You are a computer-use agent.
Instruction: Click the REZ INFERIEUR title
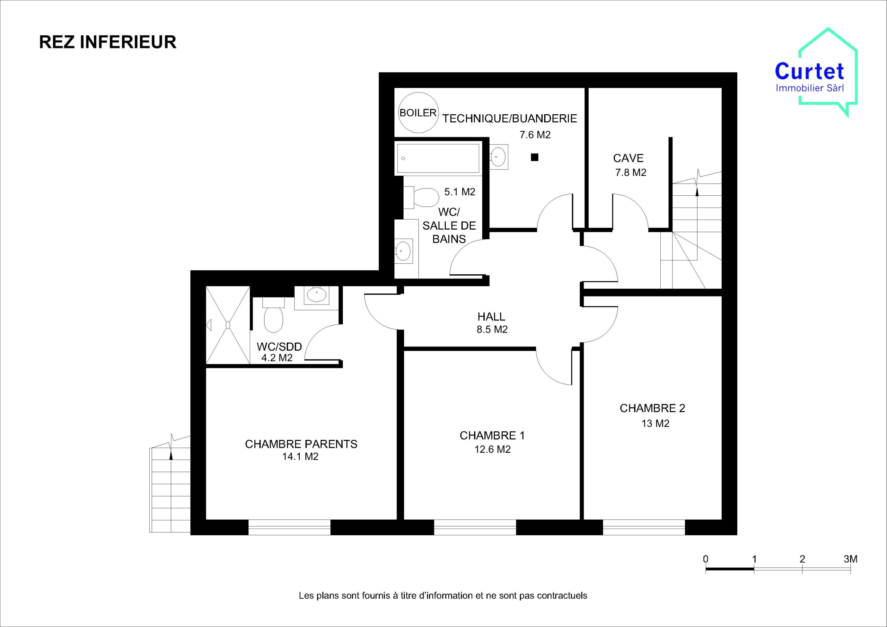(108, 42)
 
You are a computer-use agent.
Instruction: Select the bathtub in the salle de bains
(438, 158)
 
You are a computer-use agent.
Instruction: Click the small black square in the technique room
(535, 157)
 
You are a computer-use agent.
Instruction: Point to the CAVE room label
(629, 158)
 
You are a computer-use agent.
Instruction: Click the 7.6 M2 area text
(535, 135)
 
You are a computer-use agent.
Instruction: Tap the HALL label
(491, 317)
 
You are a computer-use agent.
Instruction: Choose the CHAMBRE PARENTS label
(301, 444)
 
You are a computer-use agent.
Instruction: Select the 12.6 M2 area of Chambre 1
(493, 449)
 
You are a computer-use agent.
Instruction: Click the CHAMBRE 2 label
(652, 408)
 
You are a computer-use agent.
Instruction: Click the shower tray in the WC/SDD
(228, 325)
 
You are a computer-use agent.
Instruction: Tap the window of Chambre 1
(475, 527)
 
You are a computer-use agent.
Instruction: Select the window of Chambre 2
(644, 527)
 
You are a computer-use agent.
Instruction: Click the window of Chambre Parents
(289, 527)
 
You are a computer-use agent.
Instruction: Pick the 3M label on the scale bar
(850, 559)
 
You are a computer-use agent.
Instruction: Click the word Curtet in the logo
(810, 71)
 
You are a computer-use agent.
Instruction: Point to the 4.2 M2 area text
(277, 358)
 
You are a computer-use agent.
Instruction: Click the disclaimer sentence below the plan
(443, 595)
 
